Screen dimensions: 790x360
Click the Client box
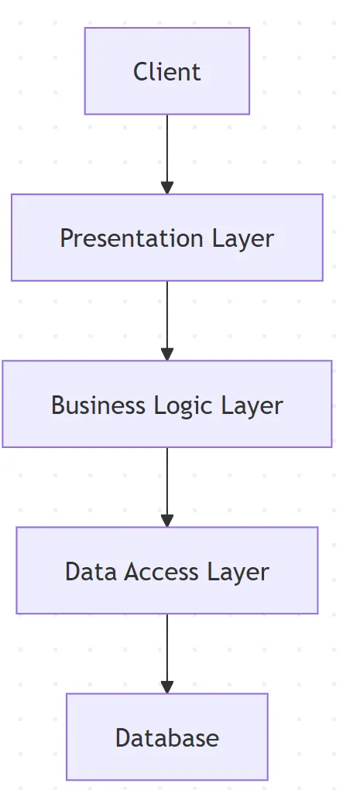tap(166, 71)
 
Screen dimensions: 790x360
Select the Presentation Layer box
tap(166, 238)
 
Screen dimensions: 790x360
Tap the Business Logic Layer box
tap(166, 404)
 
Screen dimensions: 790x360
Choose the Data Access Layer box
tap(166, 571)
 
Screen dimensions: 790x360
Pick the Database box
tap(166, 737)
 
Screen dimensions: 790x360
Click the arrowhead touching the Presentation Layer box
tap(166, 188)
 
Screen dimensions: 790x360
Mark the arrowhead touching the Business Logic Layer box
tap(166, 354)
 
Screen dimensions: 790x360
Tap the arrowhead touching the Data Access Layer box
tap(166, 521)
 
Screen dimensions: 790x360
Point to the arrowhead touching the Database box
tap(166, 687)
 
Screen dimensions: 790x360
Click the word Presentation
tap(122, 238)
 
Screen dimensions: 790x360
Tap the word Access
tap(163, 572)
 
